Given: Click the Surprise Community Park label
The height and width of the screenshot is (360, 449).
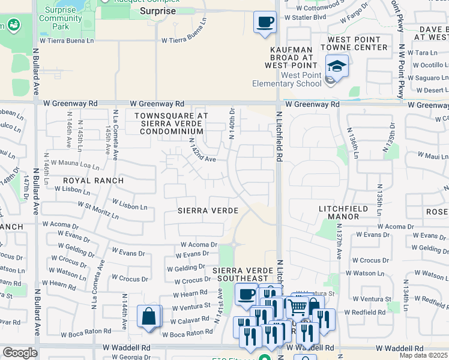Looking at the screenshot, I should coord(60,22).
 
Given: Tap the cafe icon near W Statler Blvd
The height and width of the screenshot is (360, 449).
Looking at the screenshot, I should coord(264,23).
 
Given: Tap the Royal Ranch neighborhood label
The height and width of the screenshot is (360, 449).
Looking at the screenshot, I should coord(94,180).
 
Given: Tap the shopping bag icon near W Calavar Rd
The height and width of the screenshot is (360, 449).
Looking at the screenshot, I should coord(149,316).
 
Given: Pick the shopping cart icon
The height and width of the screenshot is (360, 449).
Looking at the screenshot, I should coord(297,308).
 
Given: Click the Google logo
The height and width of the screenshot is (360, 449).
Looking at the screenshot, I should coord(20,353).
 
